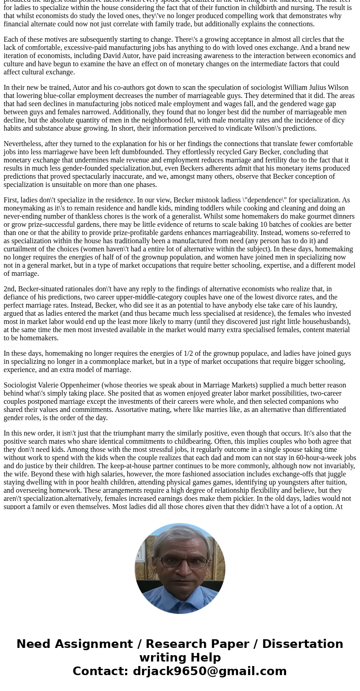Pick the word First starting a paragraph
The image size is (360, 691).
tap(11, 200)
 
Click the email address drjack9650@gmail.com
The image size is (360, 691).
tap(209, 671)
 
